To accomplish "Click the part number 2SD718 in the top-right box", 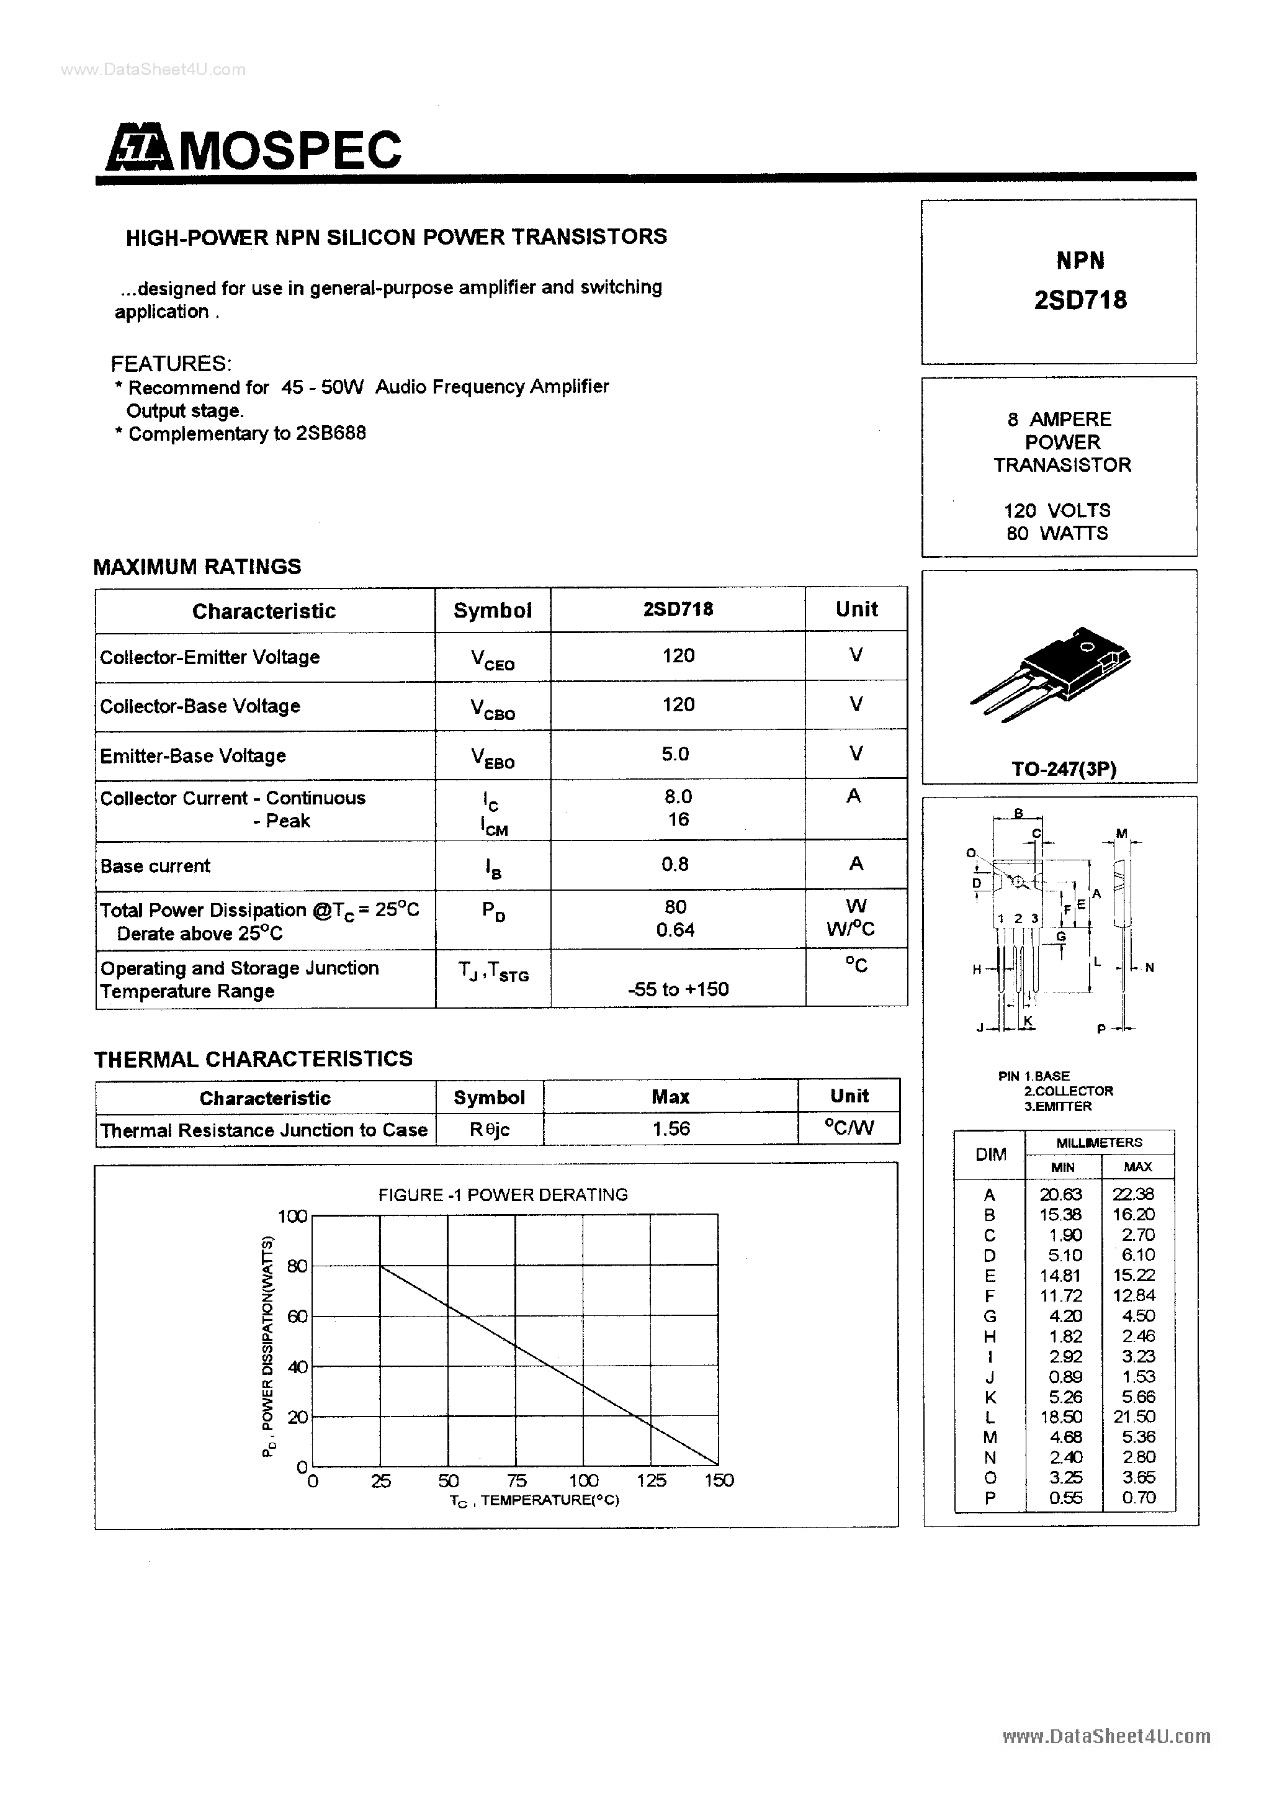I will pyautogui.click(x=1080, y=300).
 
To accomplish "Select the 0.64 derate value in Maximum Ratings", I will pyautogui.click(x=675, y=930).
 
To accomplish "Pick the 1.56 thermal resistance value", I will pyautogui.click(x=671, y=1129).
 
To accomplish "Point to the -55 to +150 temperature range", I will pyautogui.click(x=678, y=989).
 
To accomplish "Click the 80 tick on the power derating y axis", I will pyautogui.click(x=297, y=1266).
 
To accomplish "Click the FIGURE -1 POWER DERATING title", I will pyautogui.click(x=503, y=1194).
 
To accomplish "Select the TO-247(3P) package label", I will pyautogui.click(x=1064, y=768).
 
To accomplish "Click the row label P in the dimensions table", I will pyautogui.click(x=990, y=1497).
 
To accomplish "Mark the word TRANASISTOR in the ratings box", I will pyautogui.click(x=1062, y=465).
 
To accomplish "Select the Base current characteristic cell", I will pyautogui.click(x=156, y=867).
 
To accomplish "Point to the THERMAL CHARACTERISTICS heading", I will pyautogui.click(x=253, y=1058).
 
